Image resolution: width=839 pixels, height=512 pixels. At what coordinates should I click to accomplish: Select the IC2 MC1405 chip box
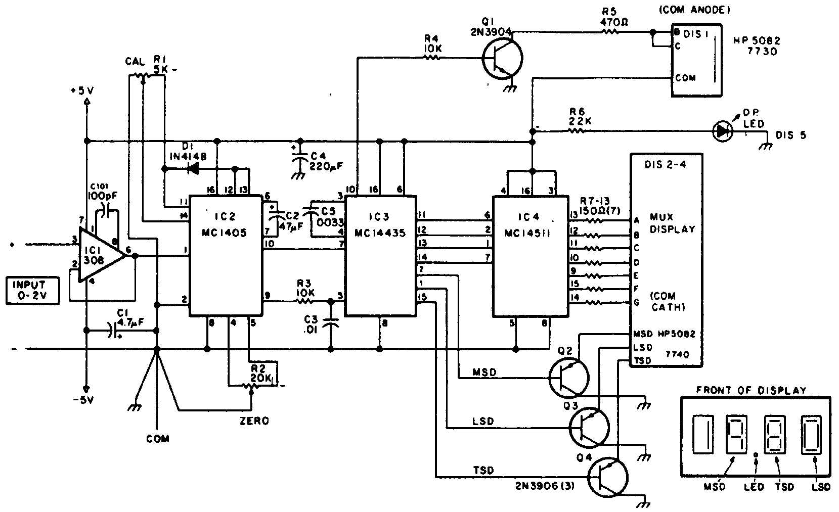(x=226, y=255)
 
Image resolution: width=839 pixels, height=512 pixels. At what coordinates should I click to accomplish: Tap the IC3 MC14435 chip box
(x=380, y=256)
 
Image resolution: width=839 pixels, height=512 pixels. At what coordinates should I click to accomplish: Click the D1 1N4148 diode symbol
(x=193, y=168)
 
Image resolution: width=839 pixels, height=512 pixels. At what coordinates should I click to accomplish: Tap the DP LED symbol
(x=722, y=131)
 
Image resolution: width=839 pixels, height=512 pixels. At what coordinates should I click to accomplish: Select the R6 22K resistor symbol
(x=577, y=131)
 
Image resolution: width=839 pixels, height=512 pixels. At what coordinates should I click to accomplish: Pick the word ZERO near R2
(x=254, y=421)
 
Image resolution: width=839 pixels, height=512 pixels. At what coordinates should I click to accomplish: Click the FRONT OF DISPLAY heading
(x=751, y=390)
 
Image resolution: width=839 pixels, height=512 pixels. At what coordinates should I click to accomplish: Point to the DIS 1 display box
(x=696, y=61)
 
